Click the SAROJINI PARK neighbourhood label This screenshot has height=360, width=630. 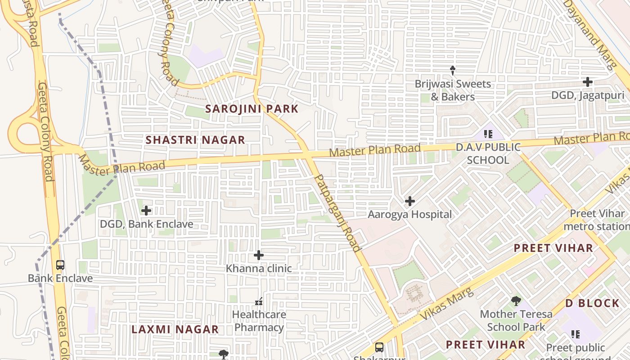point(252,109)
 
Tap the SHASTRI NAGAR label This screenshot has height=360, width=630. point(195,140)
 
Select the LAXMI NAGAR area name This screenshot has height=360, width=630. point(175,329)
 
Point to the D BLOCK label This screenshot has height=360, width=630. point(592,303)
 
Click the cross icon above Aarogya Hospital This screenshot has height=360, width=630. point(409,201)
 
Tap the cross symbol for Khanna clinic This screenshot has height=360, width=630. point(259,256)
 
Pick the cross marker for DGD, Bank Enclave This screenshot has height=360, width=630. point(146,211)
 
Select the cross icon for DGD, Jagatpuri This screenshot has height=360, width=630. point(587,82)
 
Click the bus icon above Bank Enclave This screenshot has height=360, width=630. point(60,265)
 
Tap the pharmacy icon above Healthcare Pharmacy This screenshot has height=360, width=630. point(259,301)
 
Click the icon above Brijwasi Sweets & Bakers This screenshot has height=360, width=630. point(453,71)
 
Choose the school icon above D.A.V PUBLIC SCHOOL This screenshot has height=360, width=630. point(488,134)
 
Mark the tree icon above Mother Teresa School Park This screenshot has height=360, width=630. point(516,301)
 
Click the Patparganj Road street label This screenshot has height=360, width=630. point(337,213)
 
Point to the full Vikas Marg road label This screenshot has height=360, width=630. point(447,305)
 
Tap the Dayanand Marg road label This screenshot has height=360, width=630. point(589,34)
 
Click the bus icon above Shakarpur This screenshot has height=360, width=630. point(379,347)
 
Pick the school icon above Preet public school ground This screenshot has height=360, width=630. point(576,334)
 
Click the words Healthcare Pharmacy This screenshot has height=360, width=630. point(259,321)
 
